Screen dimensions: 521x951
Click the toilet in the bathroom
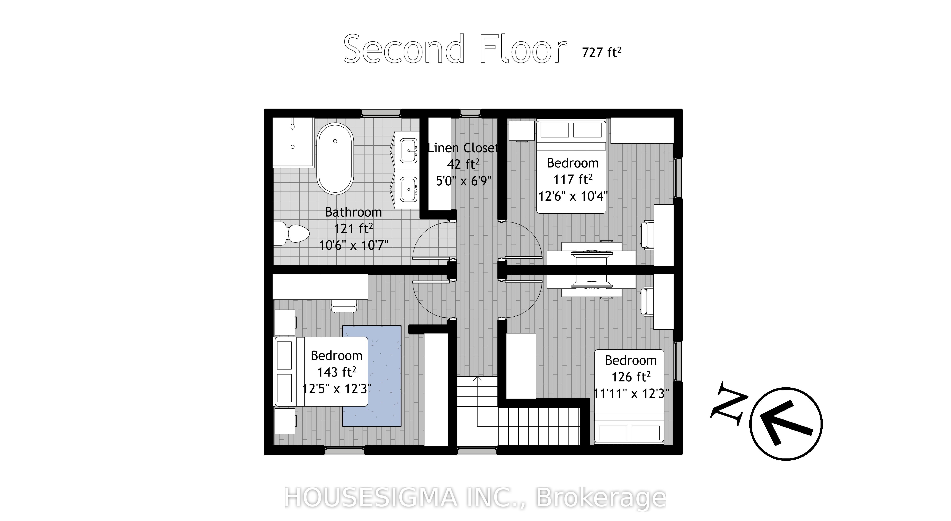pyautogui.click(x=292, y=233)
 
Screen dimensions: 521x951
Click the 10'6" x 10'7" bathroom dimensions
pyautogui.click(x=353, y=245)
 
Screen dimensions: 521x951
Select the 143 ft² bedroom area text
pyautogui.click(x=336, y=372)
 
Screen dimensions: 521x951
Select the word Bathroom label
pyautogui.click(x=353, y=212)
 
